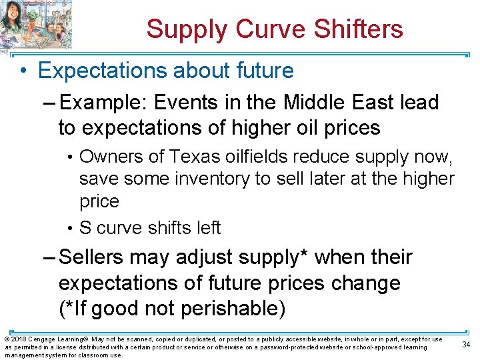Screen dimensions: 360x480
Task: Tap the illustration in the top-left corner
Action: click(36, 25)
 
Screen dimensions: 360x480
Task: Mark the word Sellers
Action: click(91, 257)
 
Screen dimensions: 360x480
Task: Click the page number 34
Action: click(465, 344)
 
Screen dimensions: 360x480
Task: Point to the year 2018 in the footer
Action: click(17, 339)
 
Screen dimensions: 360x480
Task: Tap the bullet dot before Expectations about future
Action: click(23, 71)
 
